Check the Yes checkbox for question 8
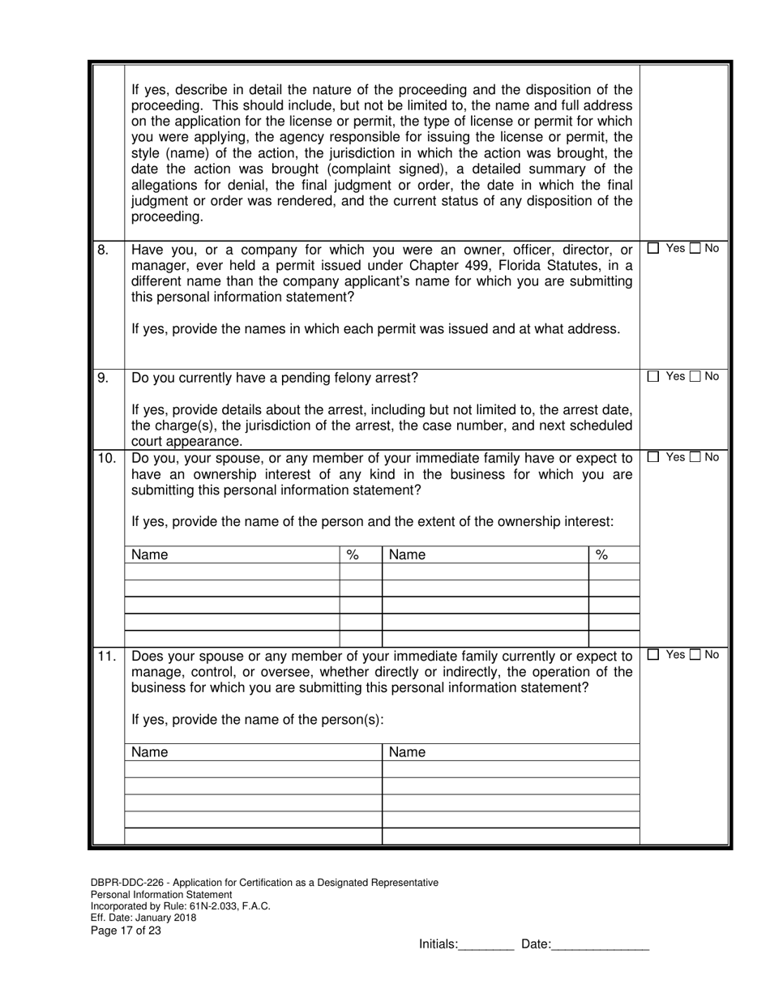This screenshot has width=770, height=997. click(654, 249)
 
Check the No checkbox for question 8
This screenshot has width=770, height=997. click(696, 249)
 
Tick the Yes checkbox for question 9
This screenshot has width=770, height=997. click(654, 377)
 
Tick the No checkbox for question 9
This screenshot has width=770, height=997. click(696, 377)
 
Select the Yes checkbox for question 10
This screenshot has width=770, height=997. click(654, 457)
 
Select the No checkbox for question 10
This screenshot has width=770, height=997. click(696, 457)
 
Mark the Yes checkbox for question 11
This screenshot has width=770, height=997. click(654, 655)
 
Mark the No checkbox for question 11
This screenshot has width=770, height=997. click(696, 655)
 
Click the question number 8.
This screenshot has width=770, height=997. click(103, 250)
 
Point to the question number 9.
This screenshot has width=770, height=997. click(103, 378)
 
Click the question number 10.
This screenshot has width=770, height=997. click(106, 458)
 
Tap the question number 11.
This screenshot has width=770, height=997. click(106, 656)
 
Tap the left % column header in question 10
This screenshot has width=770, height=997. click(353, 555)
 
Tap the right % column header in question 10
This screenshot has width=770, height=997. click(601, 555)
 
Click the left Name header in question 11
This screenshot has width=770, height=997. click(150, 752)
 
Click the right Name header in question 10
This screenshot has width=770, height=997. click(407, 555)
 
